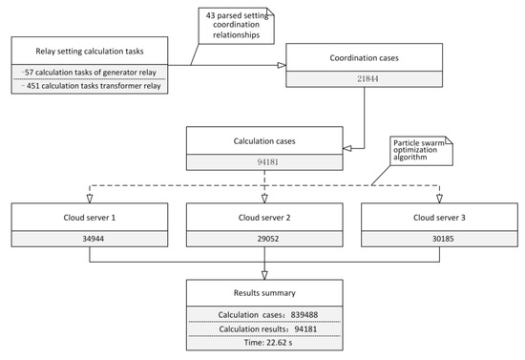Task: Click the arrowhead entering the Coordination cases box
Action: pos(280,65)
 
